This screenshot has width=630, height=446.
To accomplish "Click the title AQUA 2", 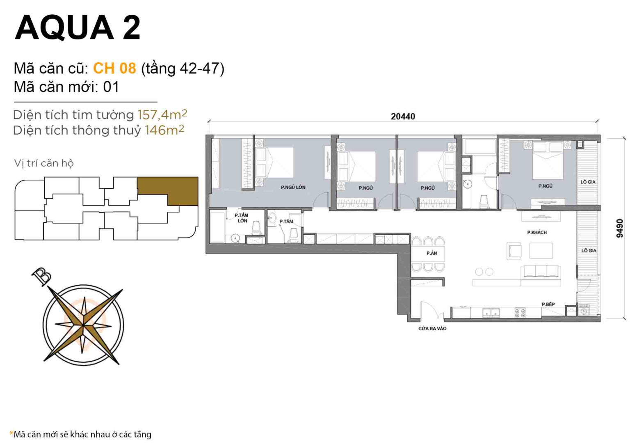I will (78, 27).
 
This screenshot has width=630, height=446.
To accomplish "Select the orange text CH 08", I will (114, 68).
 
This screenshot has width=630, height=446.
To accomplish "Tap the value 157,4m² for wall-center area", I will (162, 114).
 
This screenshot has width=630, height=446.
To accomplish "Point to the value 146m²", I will (164, 130).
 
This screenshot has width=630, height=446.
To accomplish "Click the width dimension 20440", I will (403, 117).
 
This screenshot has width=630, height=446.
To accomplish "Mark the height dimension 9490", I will (619, 228).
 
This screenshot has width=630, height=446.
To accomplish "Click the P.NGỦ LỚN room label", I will (293, 187).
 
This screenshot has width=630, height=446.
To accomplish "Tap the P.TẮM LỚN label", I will (242, 218).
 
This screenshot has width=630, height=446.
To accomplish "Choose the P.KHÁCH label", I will (536, 232).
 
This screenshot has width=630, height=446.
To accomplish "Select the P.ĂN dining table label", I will (431, 253).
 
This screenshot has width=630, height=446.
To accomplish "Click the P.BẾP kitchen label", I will (548, 304).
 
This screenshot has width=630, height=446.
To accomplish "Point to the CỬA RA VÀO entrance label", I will (432, 329).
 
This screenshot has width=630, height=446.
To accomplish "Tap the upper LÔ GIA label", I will (588, 182).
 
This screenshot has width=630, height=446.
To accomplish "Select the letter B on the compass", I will (41, 277).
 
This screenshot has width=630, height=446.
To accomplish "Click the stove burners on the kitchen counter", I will (520, 313).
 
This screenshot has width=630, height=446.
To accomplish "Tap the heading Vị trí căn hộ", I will (44, 163).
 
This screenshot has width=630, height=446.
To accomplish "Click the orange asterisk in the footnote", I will (11, 433).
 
